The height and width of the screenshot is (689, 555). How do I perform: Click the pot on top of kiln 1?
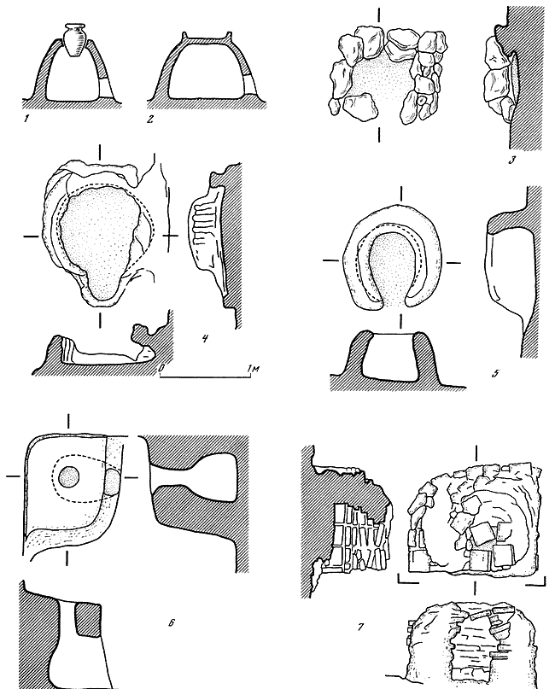click(x=74, y=40)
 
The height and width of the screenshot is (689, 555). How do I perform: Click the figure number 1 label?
click(x=26, y=119)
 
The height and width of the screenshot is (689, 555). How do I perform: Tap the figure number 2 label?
click(x=150, y=119)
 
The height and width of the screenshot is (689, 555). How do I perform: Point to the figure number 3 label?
click(x=512, y=161)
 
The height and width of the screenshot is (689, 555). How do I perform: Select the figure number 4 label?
click(x=205, y=339)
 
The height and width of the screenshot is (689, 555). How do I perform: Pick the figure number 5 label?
click(x=495, y=374)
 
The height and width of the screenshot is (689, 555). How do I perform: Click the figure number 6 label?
click(x=172, y=622)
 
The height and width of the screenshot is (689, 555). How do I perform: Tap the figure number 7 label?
click(x=360, y=627)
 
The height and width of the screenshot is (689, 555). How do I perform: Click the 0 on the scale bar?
click(x=161, y=370)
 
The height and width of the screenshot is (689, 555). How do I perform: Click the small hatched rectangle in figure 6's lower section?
click(x=88, y=620)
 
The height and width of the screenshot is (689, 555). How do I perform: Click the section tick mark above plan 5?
click(x=400, y=194)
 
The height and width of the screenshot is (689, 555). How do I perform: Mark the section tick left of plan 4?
click(x=32, y=236)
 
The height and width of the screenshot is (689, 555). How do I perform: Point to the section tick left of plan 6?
click(x=14, y=476)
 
